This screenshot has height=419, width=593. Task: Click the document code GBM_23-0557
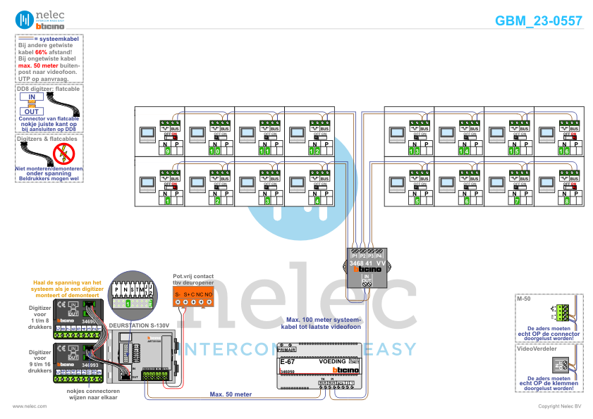click(539, 21)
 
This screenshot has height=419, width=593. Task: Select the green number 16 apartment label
click(563, 151)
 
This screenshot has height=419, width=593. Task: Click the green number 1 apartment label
click(168, 201)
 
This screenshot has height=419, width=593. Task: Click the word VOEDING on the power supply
click(332, 361)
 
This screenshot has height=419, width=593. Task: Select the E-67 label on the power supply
click(286, 361)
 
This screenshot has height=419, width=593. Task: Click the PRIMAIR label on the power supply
click(287, 349)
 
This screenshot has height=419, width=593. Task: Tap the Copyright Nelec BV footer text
click(561, 406)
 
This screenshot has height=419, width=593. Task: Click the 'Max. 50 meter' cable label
click(231, 394)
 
